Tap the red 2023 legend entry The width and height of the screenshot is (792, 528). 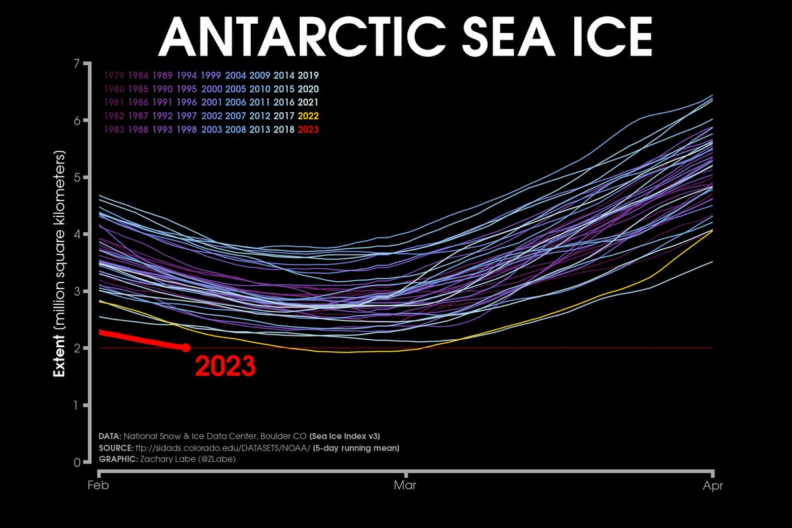308,129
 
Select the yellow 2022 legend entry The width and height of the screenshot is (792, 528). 308,115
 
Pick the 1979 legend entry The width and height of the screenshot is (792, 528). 115,75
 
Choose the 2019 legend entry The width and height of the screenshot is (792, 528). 308,75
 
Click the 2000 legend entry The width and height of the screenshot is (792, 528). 212,88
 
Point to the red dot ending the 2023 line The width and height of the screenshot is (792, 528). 186,348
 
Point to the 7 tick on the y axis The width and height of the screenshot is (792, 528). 77,64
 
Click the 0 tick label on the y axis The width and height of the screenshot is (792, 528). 77,462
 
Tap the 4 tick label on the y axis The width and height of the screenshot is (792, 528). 77,234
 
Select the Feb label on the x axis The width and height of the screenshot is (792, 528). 98,486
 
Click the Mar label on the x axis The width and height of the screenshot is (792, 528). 406,486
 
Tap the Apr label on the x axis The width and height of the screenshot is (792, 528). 713,486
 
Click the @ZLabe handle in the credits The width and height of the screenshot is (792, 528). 216,459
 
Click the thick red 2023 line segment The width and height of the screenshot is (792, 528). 141,339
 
